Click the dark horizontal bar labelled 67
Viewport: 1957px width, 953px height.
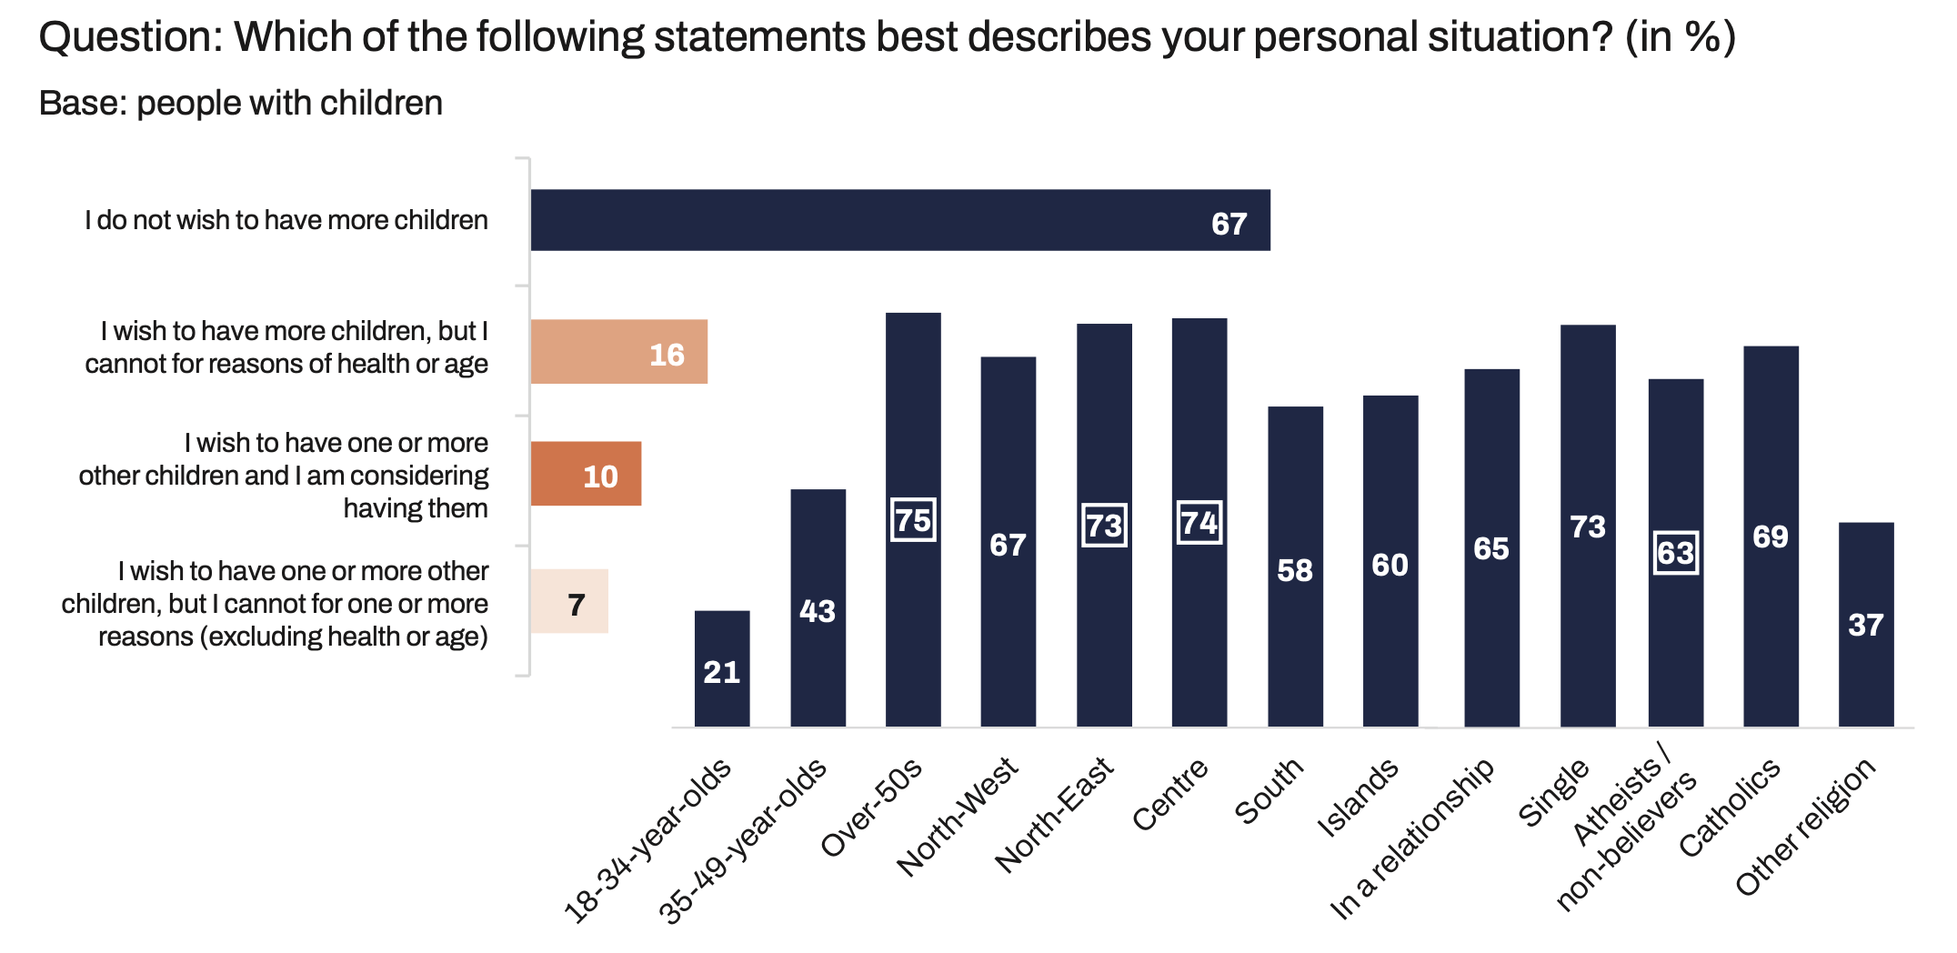(x=899, y=220)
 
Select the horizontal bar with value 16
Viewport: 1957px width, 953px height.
(x=618, y=352)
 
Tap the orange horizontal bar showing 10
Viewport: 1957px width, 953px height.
(x=586, y=474)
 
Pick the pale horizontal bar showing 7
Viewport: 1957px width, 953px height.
(x=569, y=601)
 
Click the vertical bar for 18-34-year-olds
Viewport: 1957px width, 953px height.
(x=722, y=668)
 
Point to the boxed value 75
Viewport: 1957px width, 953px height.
(x=913, y=520)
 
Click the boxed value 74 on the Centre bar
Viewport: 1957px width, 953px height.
(x=1199, y=523)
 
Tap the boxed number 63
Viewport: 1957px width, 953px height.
(x=1675, y=553)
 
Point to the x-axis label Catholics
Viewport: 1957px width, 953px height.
(x=1730, y=808)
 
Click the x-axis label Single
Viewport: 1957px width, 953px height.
(x=1554, y=793)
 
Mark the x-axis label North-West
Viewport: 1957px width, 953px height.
(x=958, y=817)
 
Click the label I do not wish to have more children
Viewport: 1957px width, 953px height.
(x=286, y=220)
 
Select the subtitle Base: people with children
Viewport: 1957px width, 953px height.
(x=241, y=104)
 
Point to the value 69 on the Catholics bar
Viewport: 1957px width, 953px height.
(x=1770, y=537)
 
